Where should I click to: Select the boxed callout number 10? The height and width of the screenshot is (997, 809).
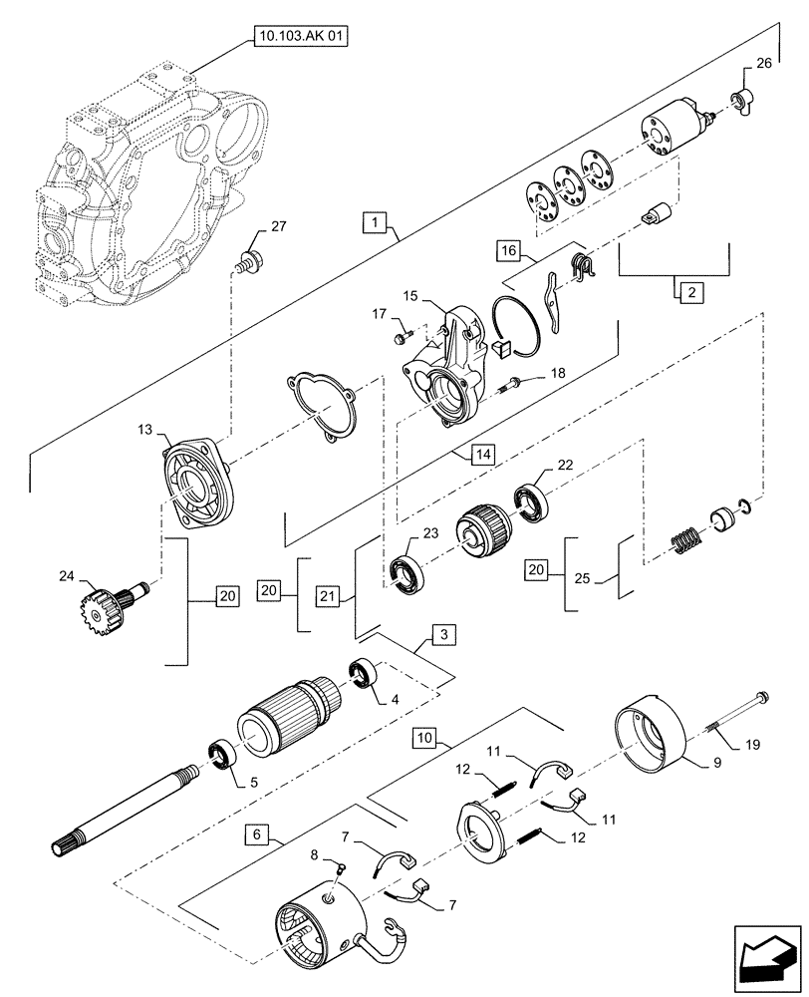pos(424,739)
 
